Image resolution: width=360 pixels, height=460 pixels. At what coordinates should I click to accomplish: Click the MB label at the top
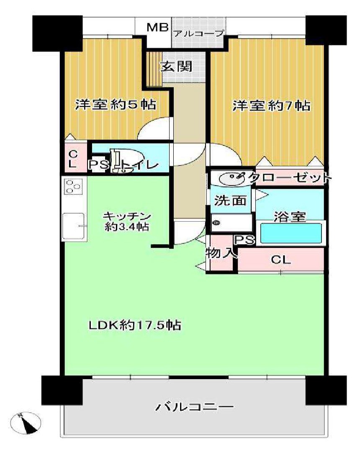(x=158, y=28)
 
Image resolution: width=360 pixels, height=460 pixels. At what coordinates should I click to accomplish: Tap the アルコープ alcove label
(x=199, y=34)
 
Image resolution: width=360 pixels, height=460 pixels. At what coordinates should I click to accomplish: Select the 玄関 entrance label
(x=176, y=66)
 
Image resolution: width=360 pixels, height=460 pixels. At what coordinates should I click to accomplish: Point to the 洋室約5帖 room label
(x=116, y=104)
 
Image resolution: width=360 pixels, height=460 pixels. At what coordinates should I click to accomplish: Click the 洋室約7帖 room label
(x=272, y=105)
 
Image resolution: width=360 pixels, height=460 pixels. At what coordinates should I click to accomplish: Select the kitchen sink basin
(x=74, y=226)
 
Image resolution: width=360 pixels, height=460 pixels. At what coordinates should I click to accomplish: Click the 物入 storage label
(x=221, y=253)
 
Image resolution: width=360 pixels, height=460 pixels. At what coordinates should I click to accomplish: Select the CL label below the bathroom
(x=280, y=260)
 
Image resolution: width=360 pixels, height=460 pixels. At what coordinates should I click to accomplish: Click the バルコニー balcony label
(x=195, y=407)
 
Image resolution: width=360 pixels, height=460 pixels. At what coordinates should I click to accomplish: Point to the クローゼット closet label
(x=290, y=178)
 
